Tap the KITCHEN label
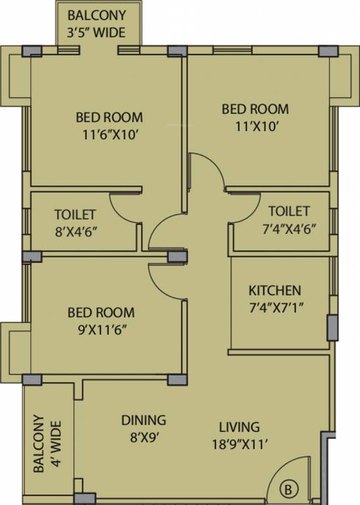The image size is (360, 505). [275, 290]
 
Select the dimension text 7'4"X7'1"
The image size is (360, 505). [275, 306]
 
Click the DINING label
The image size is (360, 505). [143, 420]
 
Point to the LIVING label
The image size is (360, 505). [239, 427]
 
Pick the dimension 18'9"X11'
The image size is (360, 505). [239, 444]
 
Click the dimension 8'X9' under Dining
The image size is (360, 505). [143, 435]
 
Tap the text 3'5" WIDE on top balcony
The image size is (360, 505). [97, 32]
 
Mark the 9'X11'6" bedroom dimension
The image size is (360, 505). [101, 329]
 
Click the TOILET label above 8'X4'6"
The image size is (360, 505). [75, 214]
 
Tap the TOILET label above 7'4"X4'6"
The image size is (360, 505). [289, 211]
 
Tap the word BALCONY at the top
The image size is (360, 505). [97, 14]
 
